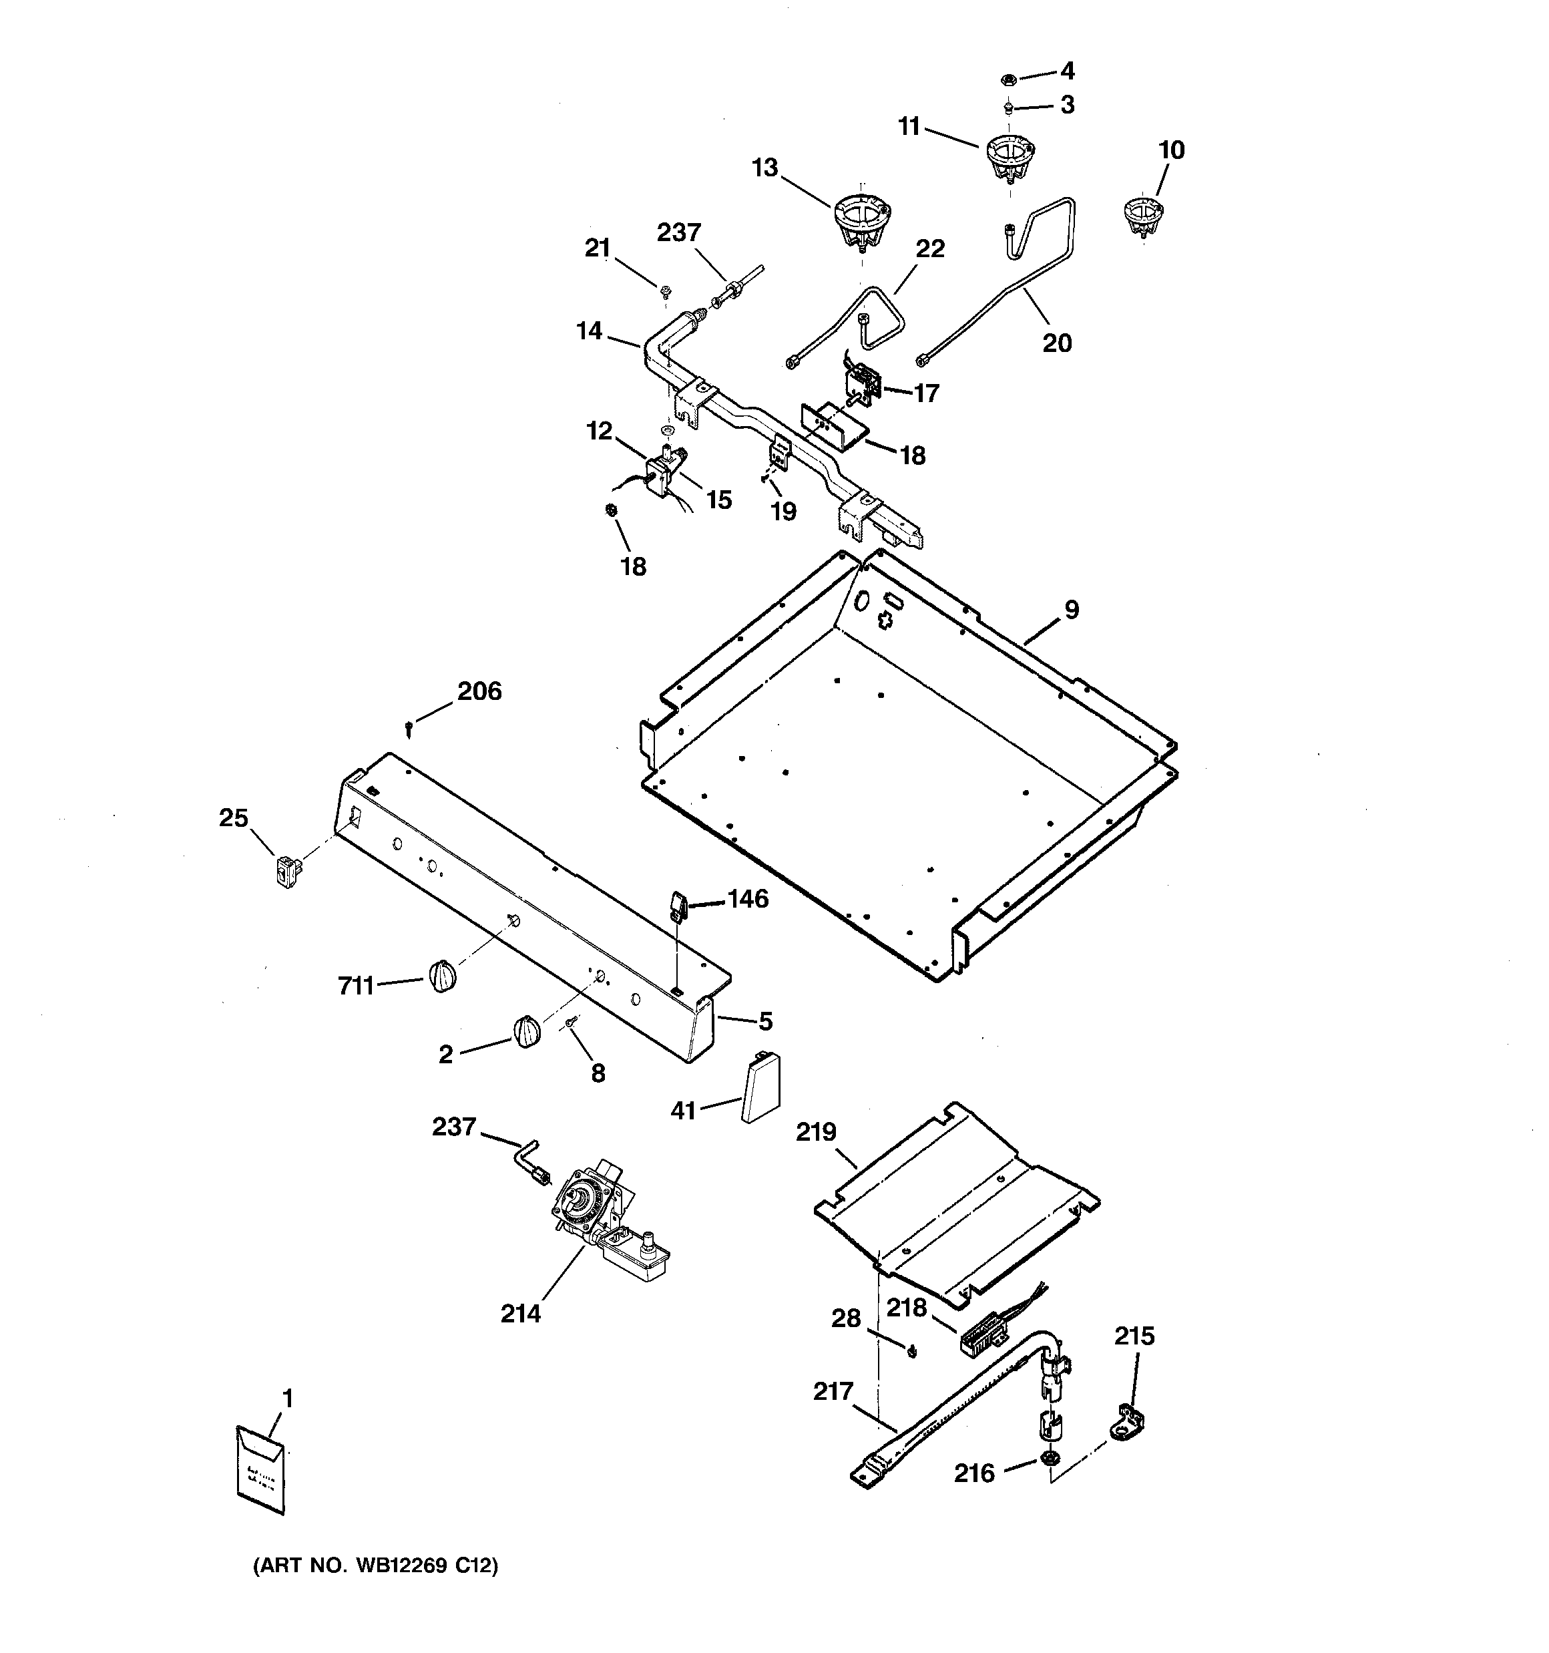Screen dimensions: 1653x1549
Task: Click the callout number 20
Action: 1057,343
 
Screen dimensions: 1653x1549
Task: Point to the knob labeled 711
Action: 444,975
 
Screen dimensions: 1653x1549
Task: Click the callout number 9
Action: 1072,610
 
